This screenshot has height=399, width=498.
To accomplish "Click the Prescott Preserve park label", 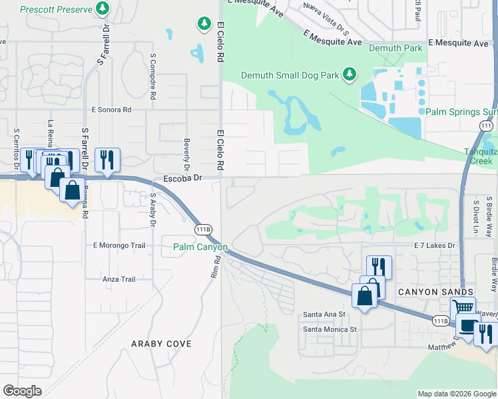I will coord(57,9).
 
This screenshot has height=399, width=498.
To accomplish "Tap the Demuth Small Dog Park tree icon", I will coord(348,74).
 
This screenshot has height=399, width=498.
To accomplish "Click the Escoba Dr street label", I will coord(182,179).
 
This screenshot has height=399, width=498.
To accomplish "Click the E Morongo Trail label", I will coord(119,245).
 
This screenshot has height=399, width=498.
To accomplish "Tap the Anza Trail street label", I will coord(119,279).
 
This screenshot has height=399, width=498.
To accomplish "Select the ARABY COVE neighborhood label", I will coord(162,344).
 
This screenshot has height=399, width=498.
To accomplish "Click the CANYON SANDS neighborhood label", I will coord(435,293).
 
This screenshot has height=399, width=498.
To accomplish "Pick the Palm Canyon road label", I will coord(200,247).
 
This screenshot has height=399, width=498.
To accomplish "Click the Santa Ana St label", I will coord(324,315).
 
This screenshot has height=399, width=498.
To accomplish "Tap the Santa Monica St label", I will coord(330,329).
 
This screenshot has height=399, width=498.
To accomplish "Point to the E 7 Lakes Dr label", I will coord(434,246).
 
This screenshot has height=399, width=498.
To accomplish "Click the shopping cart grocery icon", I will coord(463,308).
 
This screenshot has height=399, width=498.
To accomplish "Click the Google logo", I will coord(22,391).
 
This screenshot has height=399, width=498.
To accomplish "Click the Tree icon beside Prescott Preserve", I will coord(103,9).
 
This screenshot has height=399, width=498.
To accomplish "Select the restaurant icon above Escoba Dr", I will coord(107,160).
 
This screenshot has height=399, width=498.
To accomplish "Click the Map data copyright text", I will coord(456,394).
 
